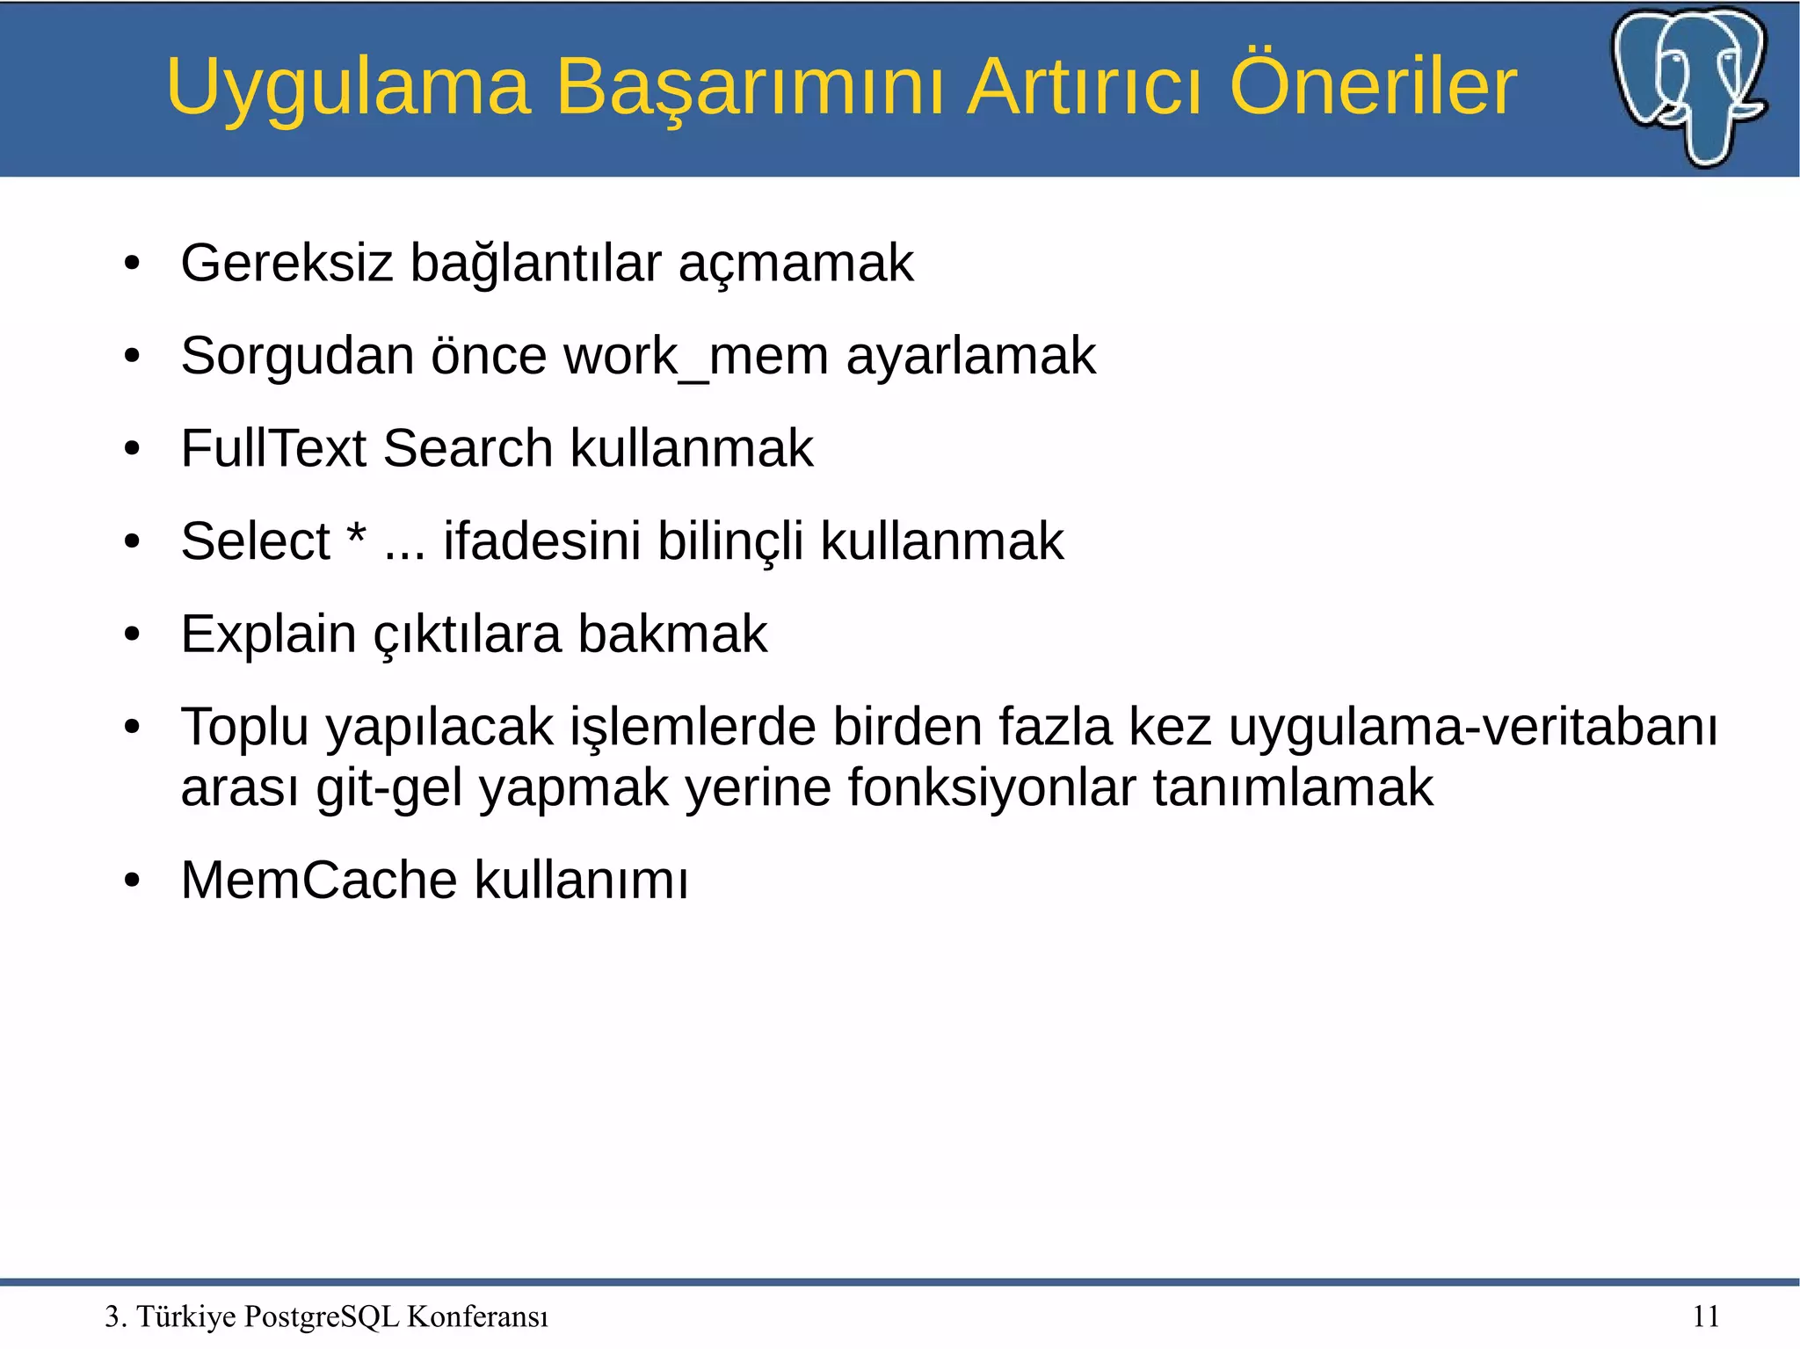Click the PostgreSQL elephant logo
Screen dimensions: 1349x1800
click(1689, 85)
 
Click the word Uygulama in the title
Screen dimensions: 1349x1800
click(348, 88)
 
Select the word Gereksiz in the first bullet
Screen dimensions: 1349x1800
click(286, 263)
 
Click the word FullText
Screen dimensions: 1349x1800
click(272, 448)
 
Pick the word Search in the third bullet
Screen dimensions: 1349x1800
click(468, 448)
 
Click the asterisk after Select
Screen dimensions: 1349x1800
click(356, 534)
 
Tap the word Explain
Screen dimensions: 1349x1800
click(268, 635)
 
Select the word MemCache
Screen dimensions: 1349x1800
click(318, 881)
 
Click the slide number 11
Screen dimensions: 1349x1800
click(1705, 1316)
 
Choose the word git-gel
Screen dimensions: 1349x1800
click(388, 787)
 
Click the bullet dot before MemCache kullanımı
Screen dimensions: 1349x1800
click(133, 881)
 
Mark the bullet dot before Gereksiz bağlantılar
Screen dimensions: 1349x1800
click(133, 264)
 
